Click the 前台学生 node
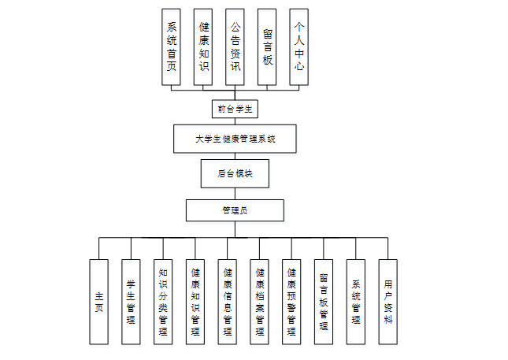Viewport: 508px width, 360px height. point(235,108)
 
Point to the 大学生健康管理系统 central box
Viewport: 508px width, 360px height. point(235,139)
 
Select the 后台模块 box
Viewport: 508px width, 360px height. point(235,173)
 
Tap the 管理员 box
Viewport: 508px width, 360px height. point(235,210)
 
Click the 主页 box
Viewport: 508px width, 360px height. point(98,302)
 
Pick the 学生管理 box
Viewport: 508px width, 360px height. point(131,302)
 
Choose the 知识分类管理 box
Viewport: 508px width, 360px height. point(163,302)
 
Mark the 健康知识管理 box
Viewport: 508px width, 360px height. point(195,302)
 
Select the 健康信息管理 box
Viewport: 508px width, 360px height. point(228,302)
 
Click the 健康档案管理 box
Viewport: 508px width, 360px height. point(260,302)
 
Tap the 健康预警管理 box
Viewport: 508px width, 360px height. point(291,302)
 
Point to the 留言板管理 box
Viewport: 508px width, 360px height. point(324,302)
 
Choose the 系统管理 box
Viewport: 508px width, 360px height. point(356,302)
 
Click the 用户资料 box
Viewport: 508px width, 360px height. point(387,302)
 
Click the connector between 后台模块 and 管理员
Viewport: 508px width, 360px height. point(235,193)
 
